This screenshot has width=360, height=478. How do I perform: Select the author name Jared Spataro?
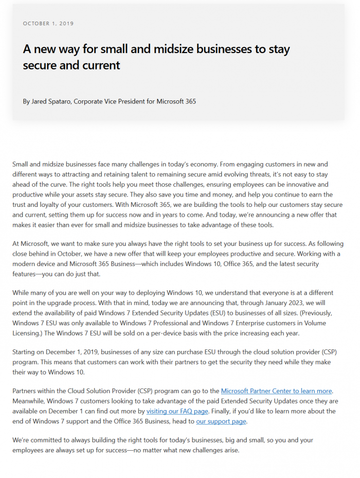pos(51,101)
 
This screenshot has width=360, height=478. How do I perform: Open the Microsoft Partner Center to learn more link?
pos(277,391)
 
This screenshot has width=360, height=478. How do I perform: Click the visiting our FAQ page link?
pos(177,411)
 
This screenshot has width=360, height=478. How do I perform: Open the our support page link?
pos(221,421)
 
